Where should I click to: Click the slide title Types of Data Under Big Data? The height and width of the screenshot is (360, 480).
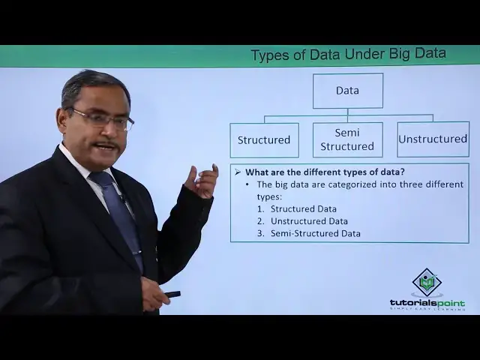point(348,54)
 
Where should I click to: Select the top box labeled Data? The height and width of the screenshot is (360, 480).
point(347,91)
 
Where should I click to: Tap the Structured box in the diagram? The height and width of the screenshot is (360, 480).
point(264,139)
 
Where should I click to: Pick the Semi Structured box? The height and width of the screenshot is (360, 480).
point(347,139)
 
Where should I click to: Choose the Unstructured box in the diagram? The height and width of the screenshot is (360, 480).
point(433,139)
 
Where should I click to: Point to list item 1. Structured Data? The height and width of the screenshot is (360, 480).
point(304,208)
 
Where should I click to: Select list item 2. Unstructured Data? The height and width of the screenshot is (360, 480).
point(309,221)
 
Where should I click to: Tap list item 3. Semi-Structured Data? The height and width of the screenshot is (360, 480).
point(315,233)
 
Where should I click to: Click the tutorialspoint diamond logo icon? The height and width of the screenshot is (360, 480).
point(427,283)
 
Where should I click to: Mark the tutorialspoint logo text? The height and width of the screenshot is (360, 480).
point(427,303)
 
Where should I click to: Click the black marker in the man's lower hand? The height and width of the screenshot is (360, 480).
point(172,294)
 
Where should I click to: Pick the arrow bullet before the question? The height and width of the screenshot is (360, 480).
point(238,171)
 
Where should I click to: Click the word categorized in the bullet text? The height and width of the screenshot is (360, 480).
point(342,184)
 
